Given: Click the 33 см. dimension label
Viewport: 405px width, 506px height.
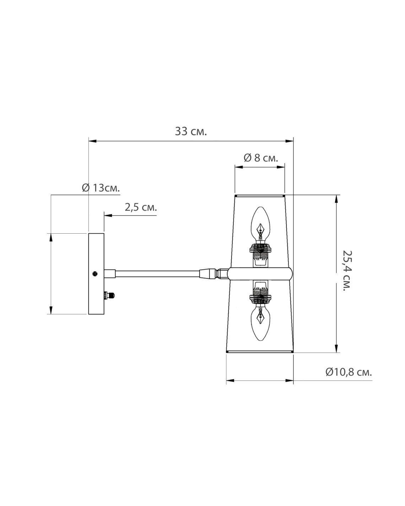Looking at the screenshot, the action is pyautogui.click(x=191, y=131).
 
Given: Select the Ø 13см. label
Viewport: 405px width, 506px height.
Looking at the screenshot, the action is pyautogui.click(x=101, y=188).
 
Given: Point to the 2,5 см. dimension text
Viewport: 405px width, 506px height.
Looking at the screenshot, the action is pyautogui.click(x=141, y=207).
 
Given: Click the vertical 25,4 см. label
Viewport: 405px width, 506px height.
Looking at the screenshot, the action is pyautogui.click(x=347, y=271).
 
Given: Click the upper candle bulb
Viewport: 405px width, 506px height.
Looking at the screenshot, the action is pyautogui.click(x=260, y=225).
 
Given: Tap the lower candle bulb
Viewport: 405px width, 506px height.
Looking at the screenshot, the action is pyautogui.click(x=260, y=323).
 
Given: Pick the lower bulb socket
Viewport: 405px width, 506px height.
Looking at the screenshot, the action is pyautogui.click(x=260, y=293).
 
